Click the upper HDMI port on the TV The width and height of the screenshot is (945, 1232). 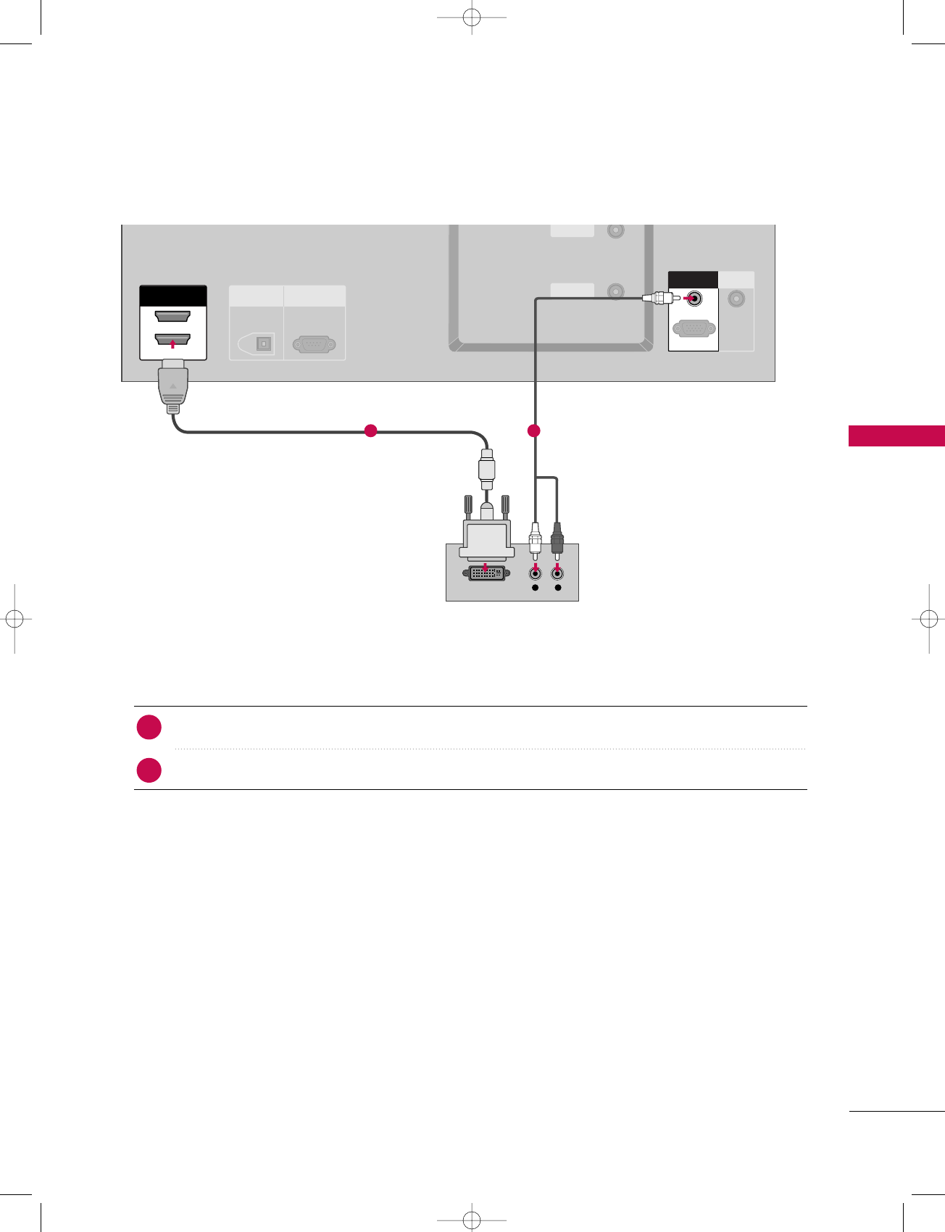click(172, 316)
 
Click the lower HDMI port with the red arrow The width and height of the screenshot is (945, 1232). click(172, 339)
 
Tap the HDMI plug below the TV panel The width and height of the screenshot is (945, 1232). click(172, 388)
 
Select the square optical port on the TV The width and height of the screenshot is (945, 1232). click(264, 344)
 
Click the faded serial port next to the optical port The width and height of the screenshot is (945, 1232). click(314, 344)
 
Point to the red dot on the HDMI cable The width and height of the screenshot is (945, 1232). click(370, 430)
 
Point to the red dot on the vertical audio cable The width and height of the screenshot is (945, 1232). click(534, 431)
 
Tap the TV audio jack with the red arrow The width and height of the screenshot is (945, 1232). click(694, 298)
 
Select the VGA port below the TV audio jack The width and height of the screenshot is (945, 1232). click(694, 328)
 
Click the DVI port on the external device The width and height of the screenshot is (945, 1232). click(485, 573)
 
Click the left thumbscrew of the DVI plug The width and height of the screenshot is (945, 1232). click(467, 505)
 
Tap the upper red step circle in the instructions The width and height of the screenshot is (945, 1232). click(149, 727)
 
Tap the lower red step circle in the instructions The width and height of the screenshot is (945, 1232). click(149, 770)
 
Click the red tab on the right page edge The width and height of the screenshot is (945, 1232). click(896, 436)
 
